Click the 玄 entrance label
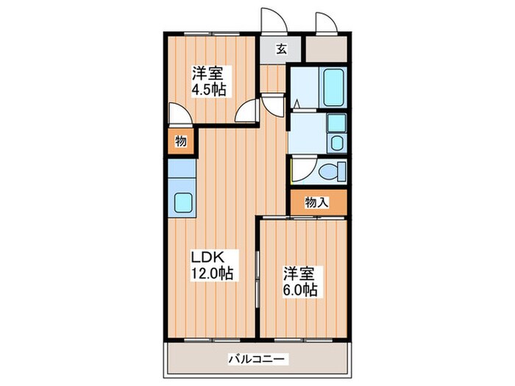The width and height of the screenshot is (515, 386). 282,49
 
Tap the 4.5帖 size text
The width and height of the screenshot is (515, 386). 209,89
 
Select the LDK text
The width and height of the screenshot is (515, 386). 208,257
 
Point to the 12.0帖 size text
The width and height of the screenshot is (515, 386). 212,273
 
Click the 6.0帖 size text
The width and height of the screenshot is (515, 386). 300,290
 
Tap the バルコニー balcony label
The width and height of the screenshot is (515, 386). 256,359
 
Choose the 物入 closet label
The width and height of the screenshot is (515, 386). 316,202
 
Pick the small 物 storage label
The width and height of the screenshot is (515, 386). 181,141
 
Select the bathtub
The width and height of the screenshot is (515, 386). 333,87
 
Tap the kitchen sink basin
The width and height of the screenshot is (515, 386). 183,202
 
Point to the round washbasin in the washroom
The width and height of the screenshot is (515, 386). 337,143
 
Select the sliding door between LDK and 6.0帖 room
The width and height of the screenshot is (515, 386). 257,279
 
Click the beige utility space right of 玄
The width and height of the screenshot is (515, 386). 326,49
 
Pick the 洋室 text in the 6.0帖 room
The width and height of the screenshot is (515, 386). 299,274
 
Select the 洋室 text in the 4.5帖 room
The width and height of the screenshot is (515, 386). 207,74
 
